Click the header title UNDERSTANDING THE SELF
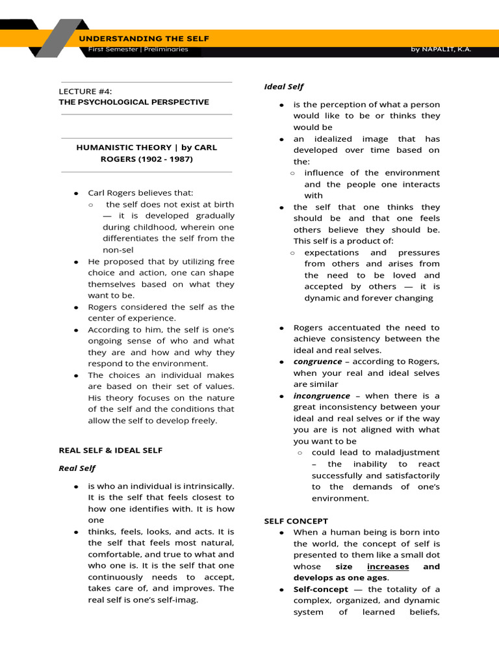(x=144, y=38)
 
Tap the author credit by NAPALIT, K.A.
(x=441, y=49)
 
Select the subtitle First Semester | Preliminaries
(x=138, y=49)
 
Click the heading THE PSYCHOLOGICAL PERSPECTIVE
(x=134, y=102)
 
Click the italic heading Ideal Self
(x=283, y=87)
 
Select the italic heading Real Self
(x=77, y=468)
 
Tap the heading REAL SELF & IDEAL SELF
(x=110, y=450)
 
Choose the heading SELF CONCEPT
(x=296, y=521)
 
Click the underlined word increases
(x=388, y=566)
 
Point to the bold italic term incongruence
(x=321, y=395)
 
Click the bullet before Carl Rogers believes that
(x=76, y=194)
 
